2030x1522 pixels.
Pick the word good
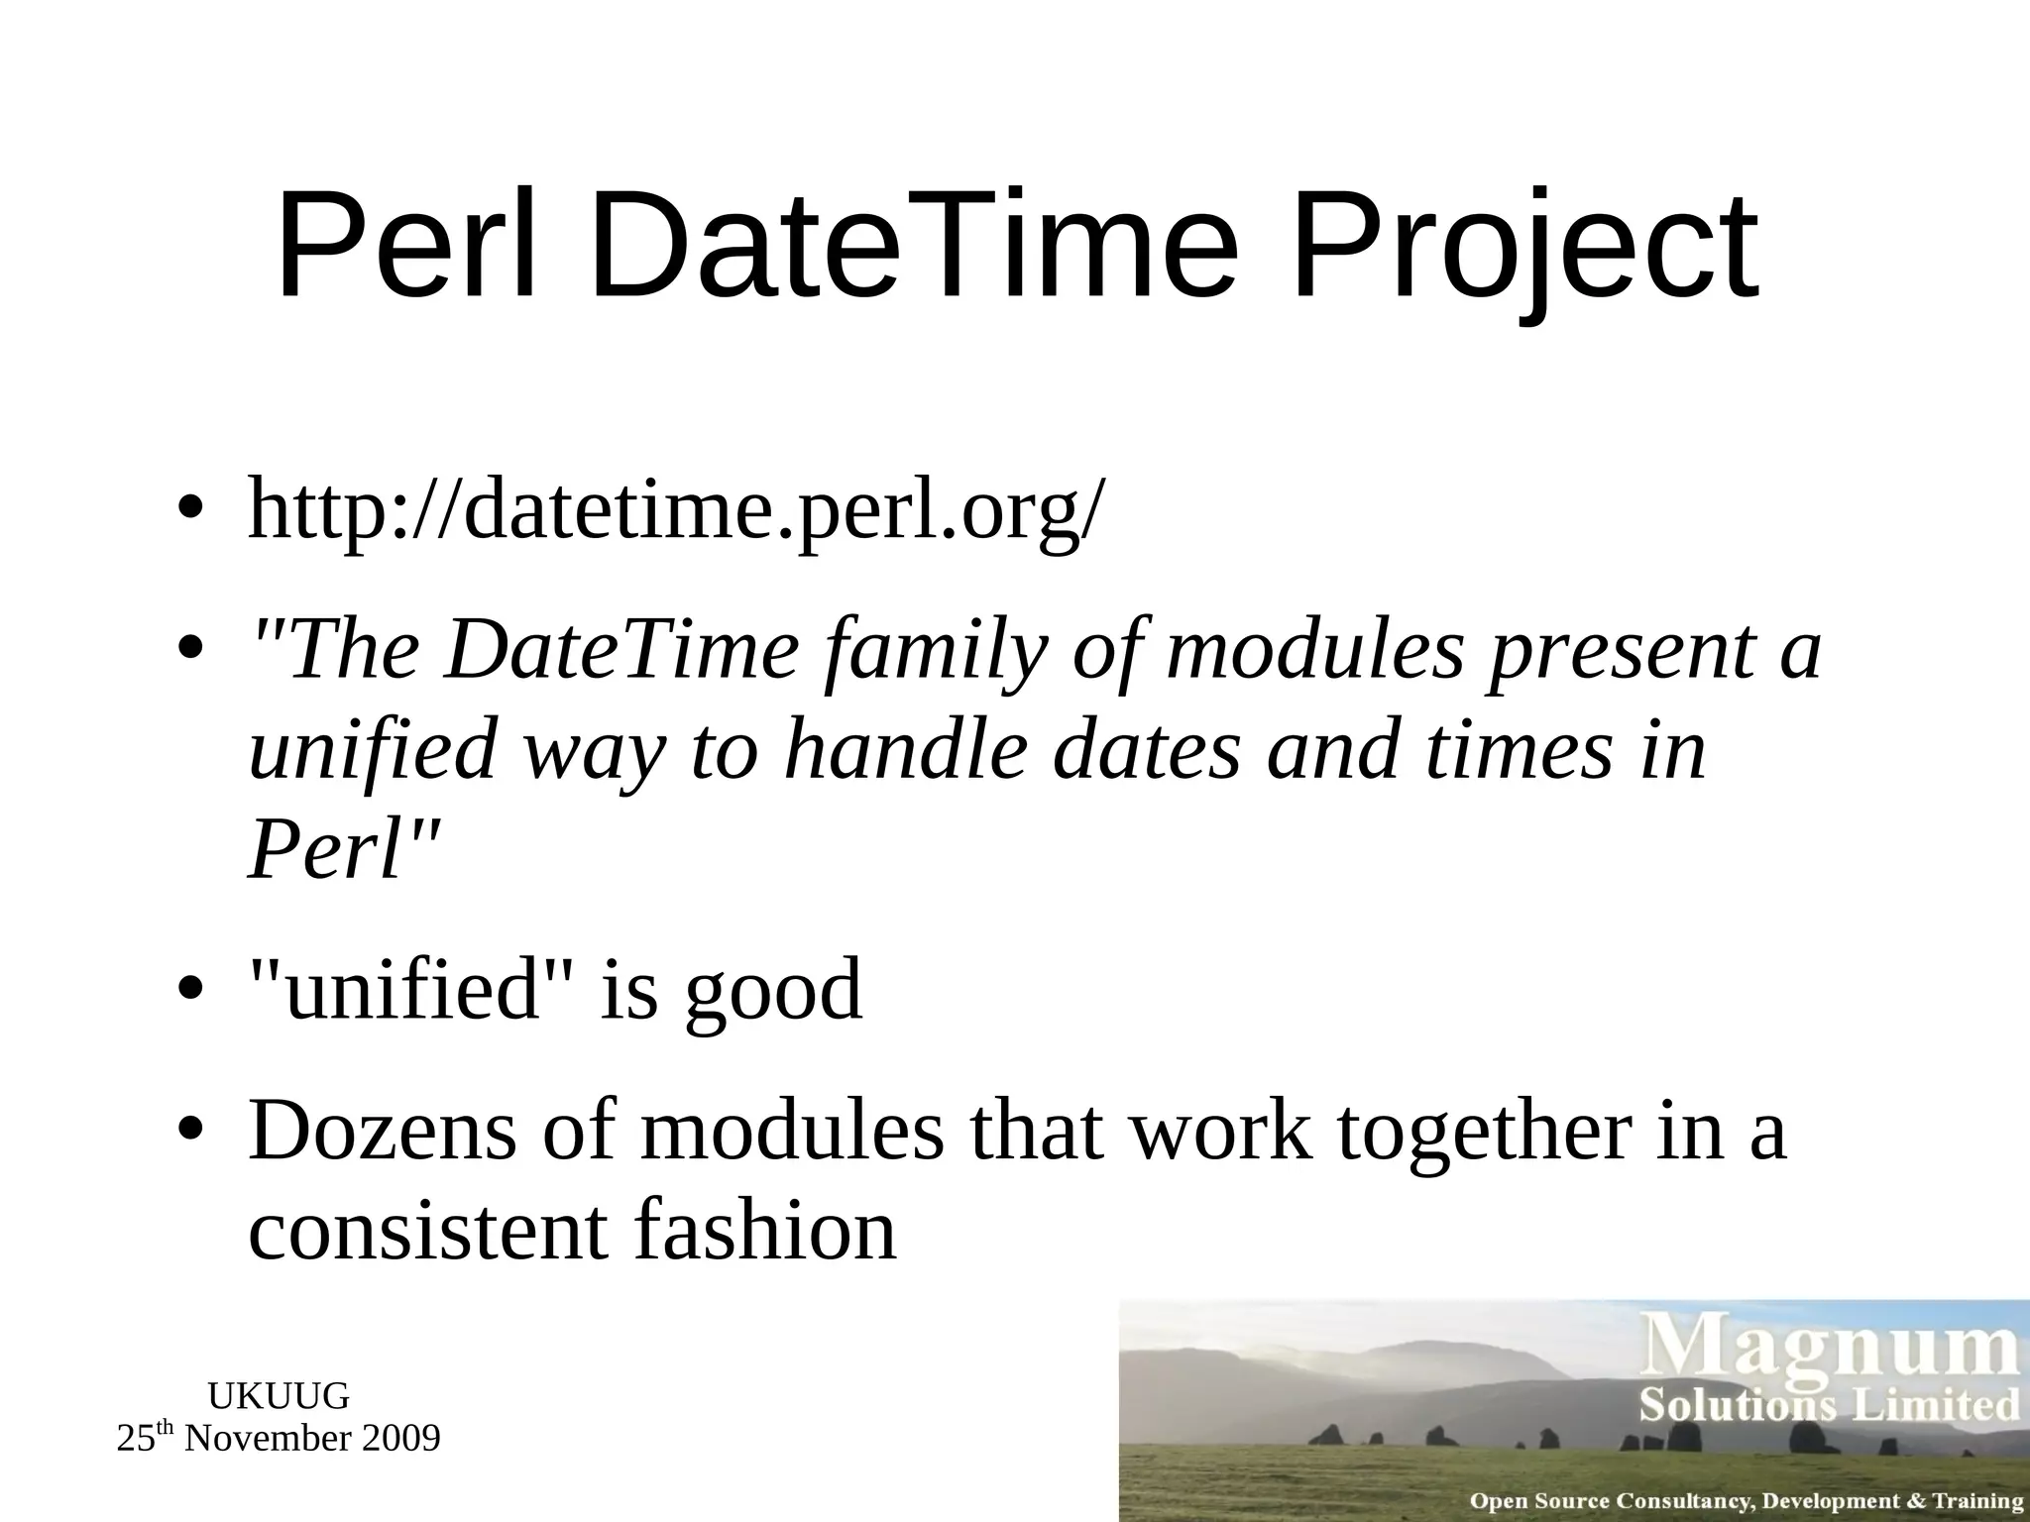(x=773, y=993)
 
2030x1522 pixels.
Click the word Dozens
(x=383, y=1132)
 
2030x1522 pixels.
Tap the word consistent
(x=426, y=1231)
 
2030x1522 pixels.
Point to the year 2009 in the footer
(x=401, y=1439)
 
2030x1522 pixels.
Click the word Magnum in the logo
(x=1832, y=1350)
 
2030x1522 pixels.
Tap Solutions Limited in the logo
(x=1828, y=1406)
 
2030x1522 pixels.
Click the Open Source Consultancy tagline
(x=1745, y=1500)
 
